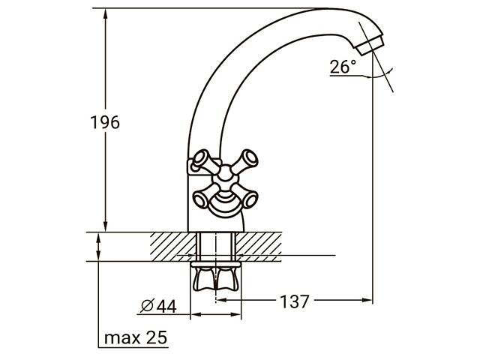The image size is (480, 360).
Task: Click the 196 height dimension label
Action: click(x=105, y=122)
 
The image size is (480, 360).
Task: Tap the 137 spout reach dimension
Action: click(x=295, y=301)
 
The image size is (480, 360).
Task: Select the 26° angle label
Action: click(x=343, y=67)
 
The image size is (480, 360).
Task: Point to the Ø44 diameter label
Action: click(x=158, y=306)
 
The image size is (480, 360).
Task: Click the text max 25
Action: click(x=136, y=337)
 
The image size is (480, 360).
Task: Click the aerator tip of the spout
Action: click(x=370, y=45)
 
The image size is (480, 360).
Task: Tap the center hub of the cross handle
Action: click(x=225, y=174)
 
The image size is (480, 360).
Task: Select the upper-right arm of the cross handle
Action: click(x=244, y=160)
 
